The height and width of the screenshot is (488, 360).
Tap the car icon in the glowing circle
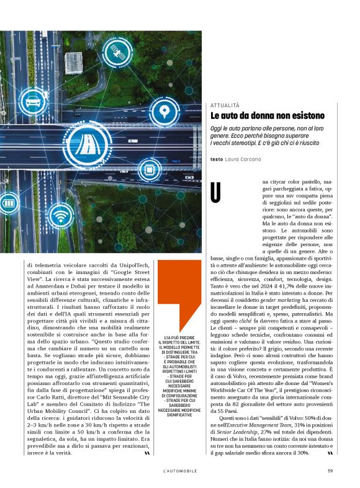pos(32,100)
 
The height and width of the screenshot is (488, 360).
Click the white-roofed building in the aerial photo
pos(73,62)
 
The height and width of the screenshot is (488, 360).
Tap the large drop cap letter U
pos(216,192)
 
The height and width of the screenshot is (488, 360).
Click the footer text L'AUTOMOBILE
pos(180,469)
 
